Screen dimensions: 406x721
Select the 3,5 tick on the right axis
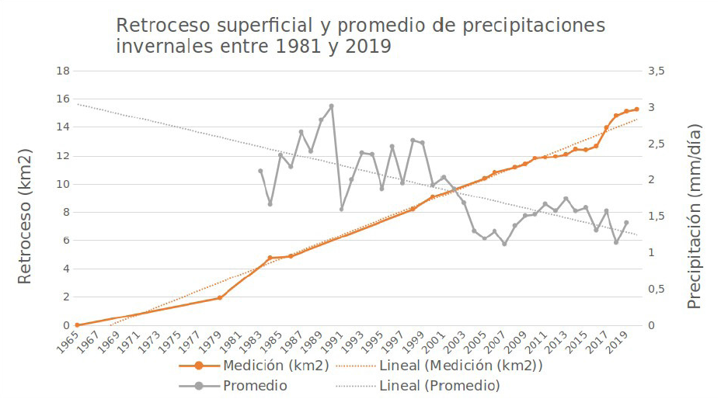[657, 71]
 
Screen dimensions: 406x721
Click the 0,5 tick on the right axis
[657, 290]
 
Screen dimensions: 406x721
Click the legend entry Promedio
[255, 385]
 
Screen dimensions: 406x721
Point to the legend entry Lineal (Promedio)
[438, 385]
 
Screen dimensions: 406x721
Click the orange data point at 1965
[77, 325]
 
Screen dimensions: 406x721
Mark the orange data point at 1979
[220, 297]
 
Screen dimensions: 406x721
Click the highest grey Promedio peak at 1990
[331, 106]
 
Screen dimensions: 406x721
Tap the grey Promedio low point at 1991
[341, 209]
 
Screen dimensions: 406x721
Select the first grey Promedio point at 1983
[260, 171]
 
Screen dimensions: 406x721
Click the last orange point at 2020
[636, 109]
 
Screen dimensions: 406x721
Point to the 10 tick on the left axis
[64, 184]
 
